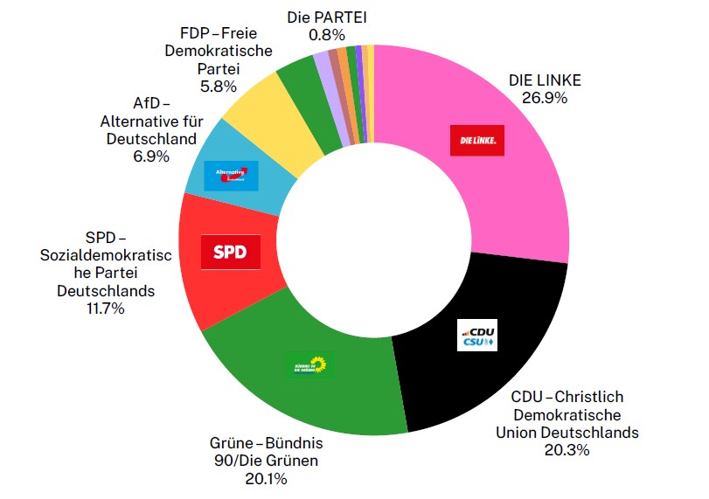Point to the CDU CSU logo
pos(477,336)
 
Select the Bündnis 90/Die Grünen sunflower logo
pos(310,365)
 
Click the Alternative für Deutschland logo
pos(231,176)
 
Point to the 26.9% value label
pos(544,98)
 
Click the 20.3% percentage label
pos(567,450)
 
